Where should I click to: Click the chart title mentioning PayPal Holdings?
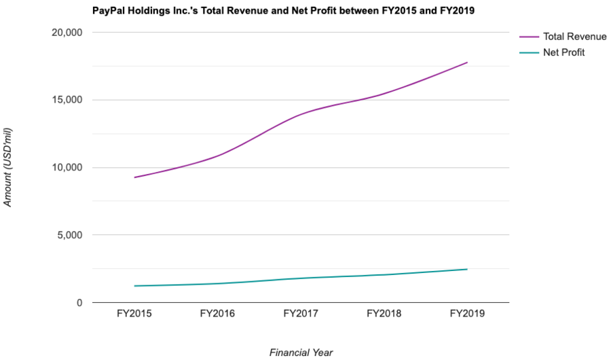284,11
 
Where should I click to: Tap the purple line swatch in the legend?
527,37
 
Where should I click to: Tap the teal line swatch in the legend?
527,52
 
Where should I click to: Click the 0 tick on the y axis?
79,303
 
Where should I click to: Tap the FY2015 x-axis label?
134,314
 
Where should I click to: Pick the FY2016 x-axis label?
218,314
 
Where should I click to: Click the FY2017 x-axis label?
301,314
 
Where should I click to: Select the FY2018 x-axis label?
384,314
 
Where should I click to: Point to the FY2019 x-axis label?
467,314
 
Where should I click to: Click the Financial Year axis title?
301,352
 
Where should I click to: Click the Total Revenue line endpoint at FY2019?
467,62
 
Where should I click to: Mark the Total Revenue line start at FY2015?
134,177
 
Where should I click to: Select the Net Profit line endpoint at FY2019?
467,269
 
